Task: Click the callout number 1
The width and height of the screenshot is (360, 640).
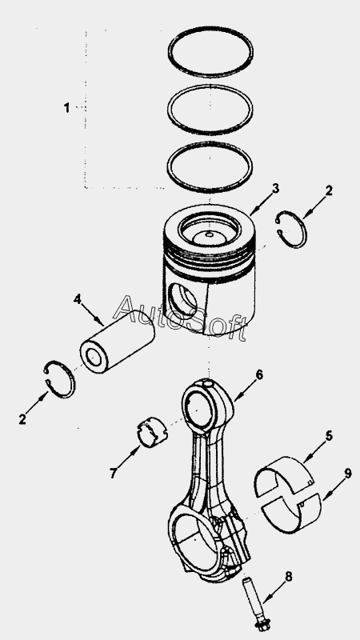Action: coord(66,108)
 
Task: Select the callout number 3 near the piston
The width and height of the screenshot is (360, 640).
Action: coord(276,189)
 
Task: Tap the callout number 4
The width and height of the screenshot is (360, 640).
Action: coord(77,298)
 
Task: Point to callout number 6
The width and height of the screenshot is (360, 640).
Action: coord(258,374)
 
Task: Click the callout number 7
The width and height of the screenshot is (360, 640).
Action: coord(114,473)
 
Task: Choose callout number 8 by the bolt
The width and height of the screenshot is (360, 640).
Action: coord(289,576)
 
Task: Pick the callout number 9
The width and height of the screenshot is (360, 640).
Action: coord(347,474)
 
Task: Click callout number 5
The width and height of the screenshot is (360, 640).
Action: coord(329,435)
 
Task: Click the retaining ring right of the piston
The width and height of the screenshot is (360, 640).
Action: coord(304,230)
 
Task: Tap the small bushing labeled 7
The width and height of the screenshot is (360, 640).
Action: coord(153,432)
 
